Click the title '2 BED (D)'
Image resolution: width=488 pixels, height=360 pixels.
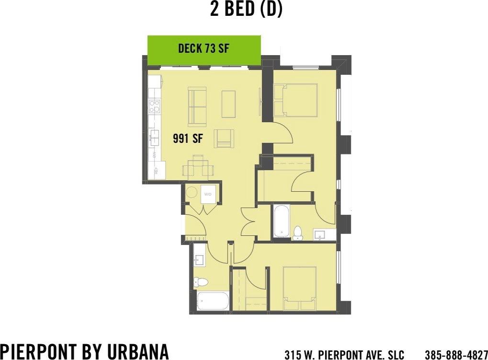click(246, 9)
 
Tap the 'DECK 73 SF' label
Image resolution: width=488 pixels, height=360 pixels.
click(204, 48)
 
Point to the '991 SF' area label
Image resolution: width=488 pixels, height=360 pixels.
click(188, 139)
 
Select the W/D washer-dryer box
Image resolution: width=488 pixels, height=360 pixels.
click(208, 194)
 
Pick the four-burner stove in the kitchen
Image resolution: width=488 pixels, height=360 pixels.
click(154, 106)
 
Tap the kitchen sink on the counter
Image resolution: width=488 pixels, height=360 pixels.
click(154, 137)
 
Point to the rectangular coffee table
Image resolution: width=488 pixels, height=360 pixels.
click(228, 104)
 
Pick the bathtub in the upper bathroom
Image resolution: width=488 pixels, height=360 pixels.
click(281, 221)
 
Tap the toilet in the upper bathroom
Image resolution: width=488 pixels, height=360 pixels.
click(298, 232)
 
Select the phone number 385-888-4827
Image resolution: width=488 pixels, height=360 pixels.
click(456, 355)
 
